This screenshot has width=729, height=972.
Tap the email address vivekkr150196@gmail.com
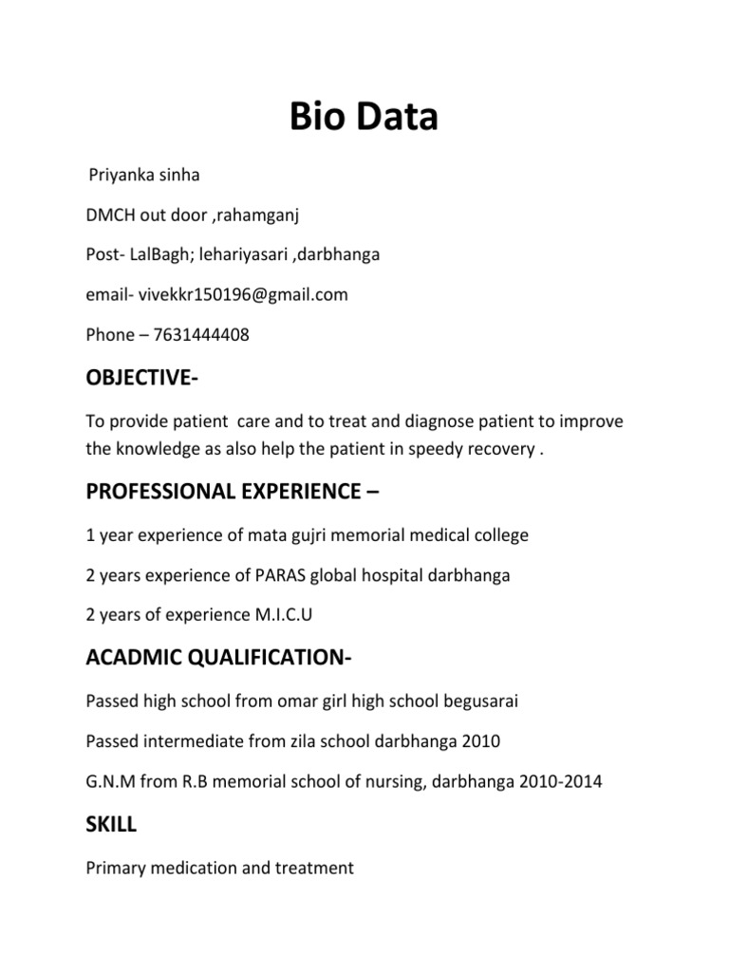243,294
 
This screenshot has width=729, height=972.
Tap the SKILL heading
111,825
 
